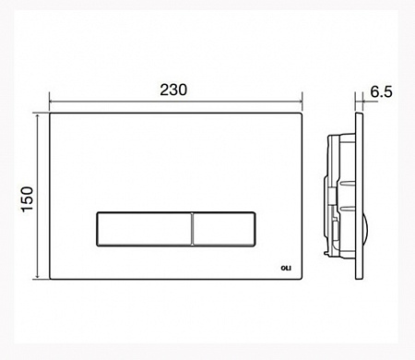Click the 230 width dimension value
[173, 90]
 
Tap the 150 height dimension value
[28, 198]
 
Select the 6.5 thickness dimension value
[381, 91]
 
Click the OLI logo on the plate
[286, 268]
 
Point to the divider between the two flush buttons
[192, 229]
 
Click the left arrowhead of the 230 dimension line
[52, 101]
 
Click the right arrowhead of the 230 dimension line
[301, 101]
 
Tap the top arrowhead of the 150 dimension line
[37, 116]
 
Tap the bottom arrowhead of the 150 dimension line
[37, 277]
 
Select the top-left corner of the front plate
[50, 114]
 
